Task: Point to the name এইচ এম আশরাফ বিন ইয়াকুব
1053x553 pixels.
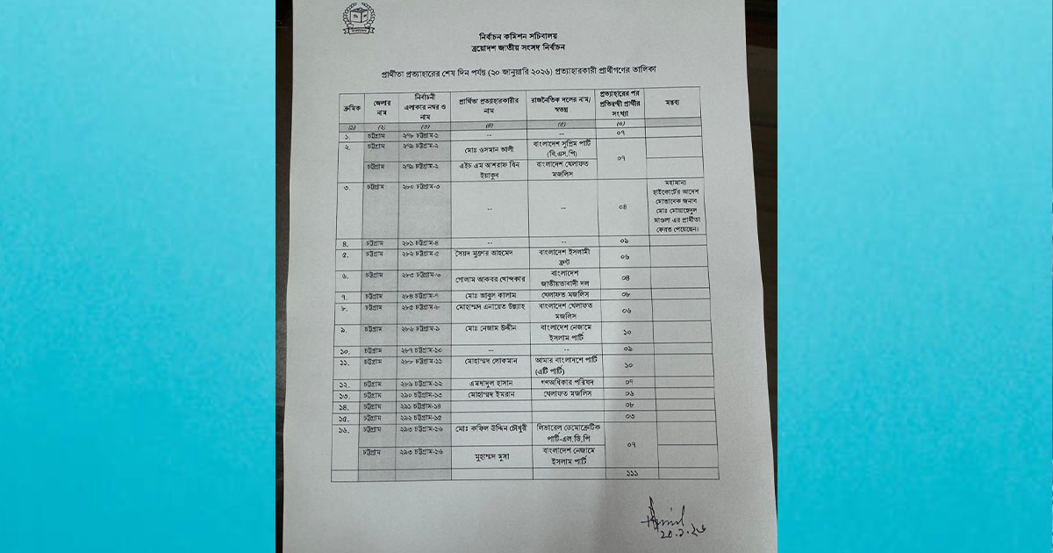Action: (490, 169)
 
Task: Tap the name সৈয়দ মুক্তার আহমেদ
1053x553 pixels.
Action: (489, 253)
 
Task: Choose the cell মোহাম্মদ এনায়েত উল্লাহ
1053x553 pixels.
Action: (488, 309)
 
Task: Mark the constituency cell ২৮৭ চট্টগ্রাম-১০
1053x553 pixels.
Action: (426, 349)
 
